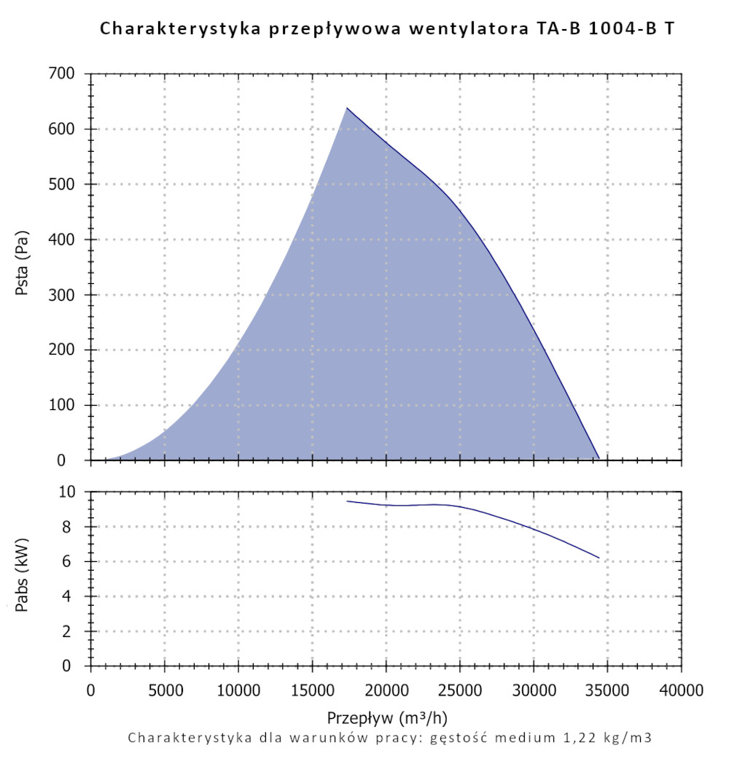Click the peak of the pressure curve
point(347,108)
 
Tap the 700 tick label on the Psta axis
point(62,74)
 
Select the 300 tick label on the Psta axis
point(62,295)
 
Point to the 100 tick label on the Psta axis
point(62,405)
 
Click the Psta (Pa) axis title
point(23,267)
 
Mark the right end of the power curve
point(599,558)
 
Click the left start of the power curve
point(347,501)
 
